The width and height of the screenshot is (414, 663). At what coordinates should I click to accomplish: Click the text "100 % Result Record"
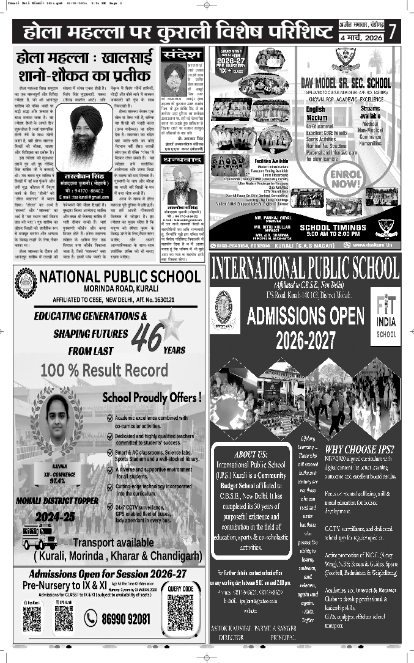(x=104, y=370)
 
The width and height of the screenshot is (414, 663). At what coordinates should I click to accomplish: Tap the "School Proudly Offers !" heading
(x=152, y=397)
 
